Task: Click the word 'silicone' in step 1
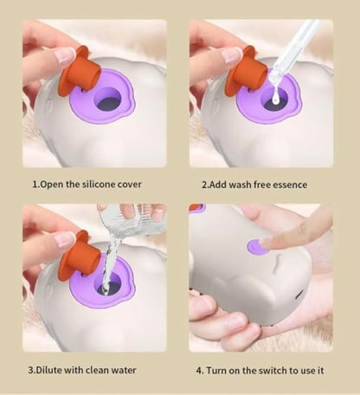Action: (98, 185)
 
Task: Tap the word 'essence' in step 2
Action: (290, 185)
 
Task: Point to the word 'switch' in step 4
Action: (272, 371)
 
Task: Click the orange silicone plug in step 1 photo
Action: (79, 71)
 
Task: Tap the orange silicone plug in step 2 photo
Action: (246, 71)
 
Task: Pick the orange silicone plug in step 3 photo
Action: (79, 256)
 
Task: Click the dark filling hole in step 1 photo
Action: (108, 103)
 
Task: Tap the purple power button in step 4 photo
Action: (257, 247)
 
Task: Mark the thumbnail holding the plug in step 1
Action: (65, 55)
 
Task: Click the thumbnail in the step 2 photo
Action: (232, 55)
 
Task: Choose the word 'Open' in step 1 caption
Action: (50, 185)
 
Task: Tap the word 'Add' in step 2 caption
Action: (217, 185)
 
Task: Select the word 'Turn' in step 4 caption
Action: (217, 371)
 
